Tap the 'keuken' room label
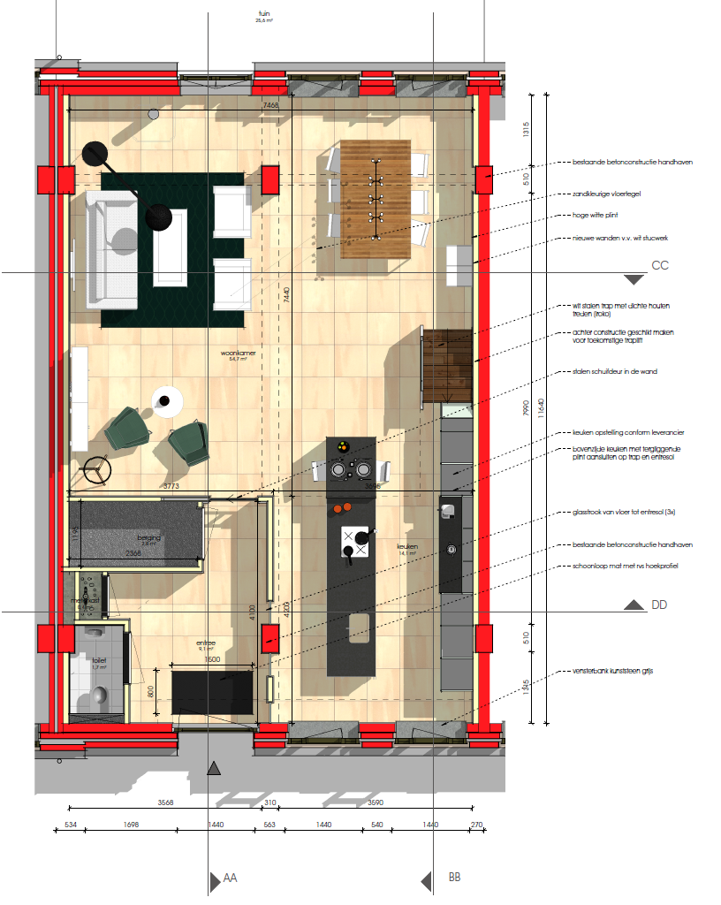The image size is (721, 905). pos(406,547)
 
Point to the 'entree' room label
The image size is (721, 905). pos(207,643)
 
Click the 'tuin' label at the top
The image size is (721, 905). pos(263,13)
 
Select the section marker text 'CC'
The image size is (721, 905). pos(659,265)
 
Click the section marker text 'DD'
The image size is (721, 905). pos(659,605)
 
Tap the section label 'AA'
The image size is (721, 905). pos(230,878)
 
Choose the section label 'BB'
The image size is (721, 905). pos(454,878)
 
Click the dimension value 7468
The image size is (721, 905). pos(270,106)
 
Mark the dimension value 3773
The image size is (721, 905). pos(170,486)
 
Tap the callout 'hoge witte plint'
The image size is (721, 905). pos(594,216)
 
